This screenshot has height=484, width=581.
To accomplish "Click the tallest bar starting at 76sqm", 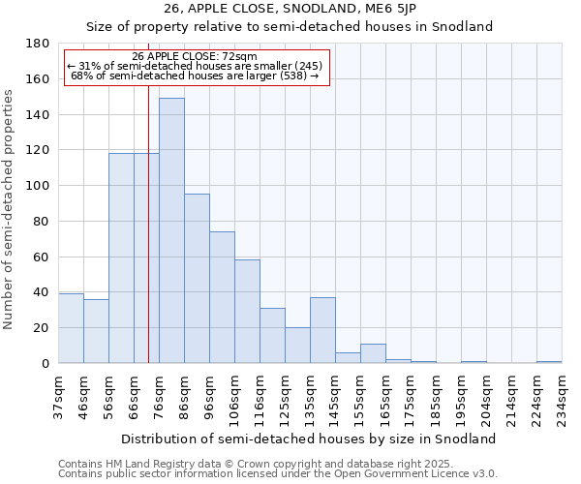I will click(171, 230).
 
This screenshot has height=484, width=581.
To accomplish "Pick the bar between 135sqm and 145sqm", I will click(322, 330).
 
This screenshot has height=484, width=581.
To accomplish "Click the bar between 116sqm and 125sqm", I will click(272, 335).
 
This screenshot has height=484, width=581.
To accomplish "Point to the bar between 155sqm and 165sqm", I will click(373, 353).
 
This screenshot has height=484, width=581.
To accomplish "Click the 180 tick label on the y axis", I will click(38, 44).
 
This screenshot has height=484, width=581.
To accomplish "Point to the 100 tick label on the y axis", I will click(38, 186).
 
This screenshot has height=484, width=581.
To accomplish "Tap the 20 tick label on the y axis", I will click(42, 328).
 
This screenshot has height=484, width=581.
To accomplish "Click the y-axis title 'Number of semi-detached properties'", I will click(10, 209).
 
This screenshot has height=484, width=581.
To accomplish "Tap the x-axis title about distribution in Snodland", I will click(310, 439).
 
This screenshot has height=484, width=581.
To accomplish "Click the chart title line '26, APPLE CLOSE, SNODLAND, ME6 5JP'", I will click(290, 9).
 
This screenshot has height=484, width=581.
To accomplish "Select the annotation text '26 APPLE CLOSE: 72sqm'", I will click(195, 56).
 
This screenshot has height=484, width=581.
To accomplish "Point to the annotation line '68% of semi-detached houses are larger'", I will click(195, 76).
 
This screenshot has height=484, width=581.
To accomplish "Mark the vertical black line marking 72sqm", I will click(148, 242).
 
